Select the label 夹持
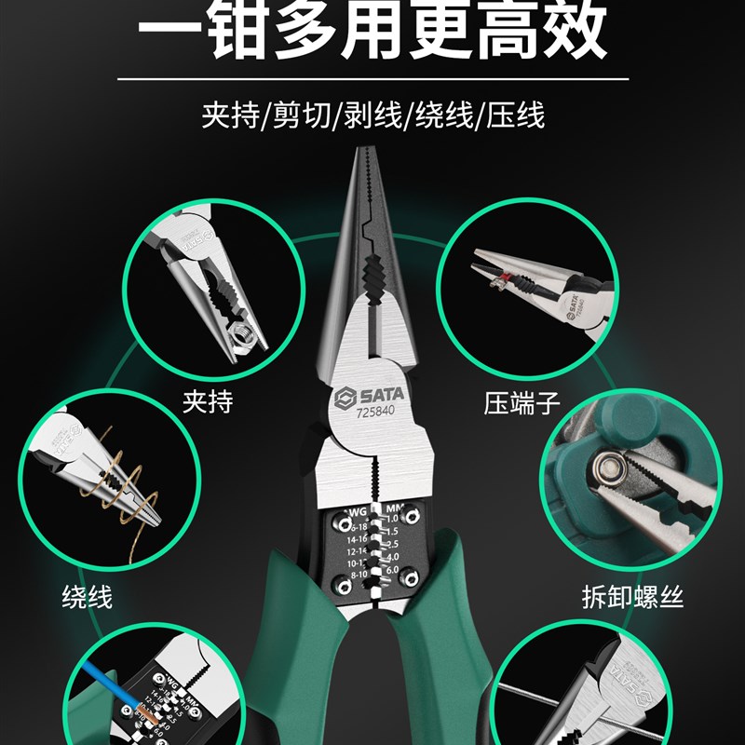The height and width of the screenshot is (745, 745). [x=207, y=402]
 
